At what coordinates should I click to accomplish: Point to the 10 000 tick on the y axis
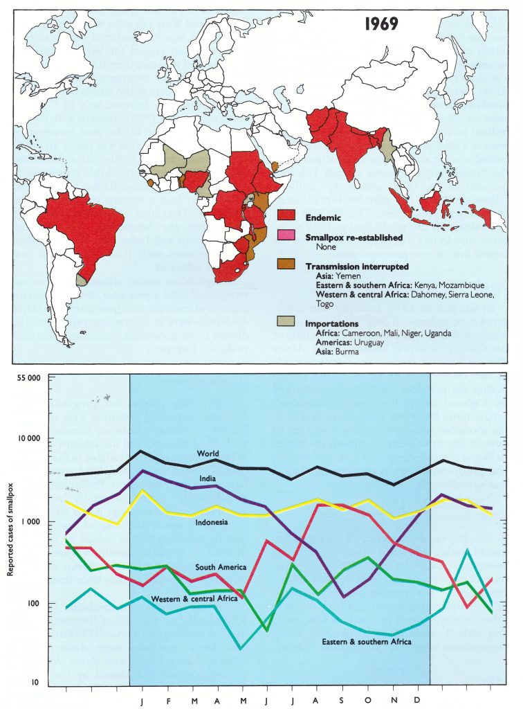[x=26, y=439]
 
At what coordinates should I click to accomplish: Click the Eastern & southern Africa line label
[x=366, y=642]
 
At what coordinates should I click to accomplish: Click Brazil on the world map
[x=86, y=218]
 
